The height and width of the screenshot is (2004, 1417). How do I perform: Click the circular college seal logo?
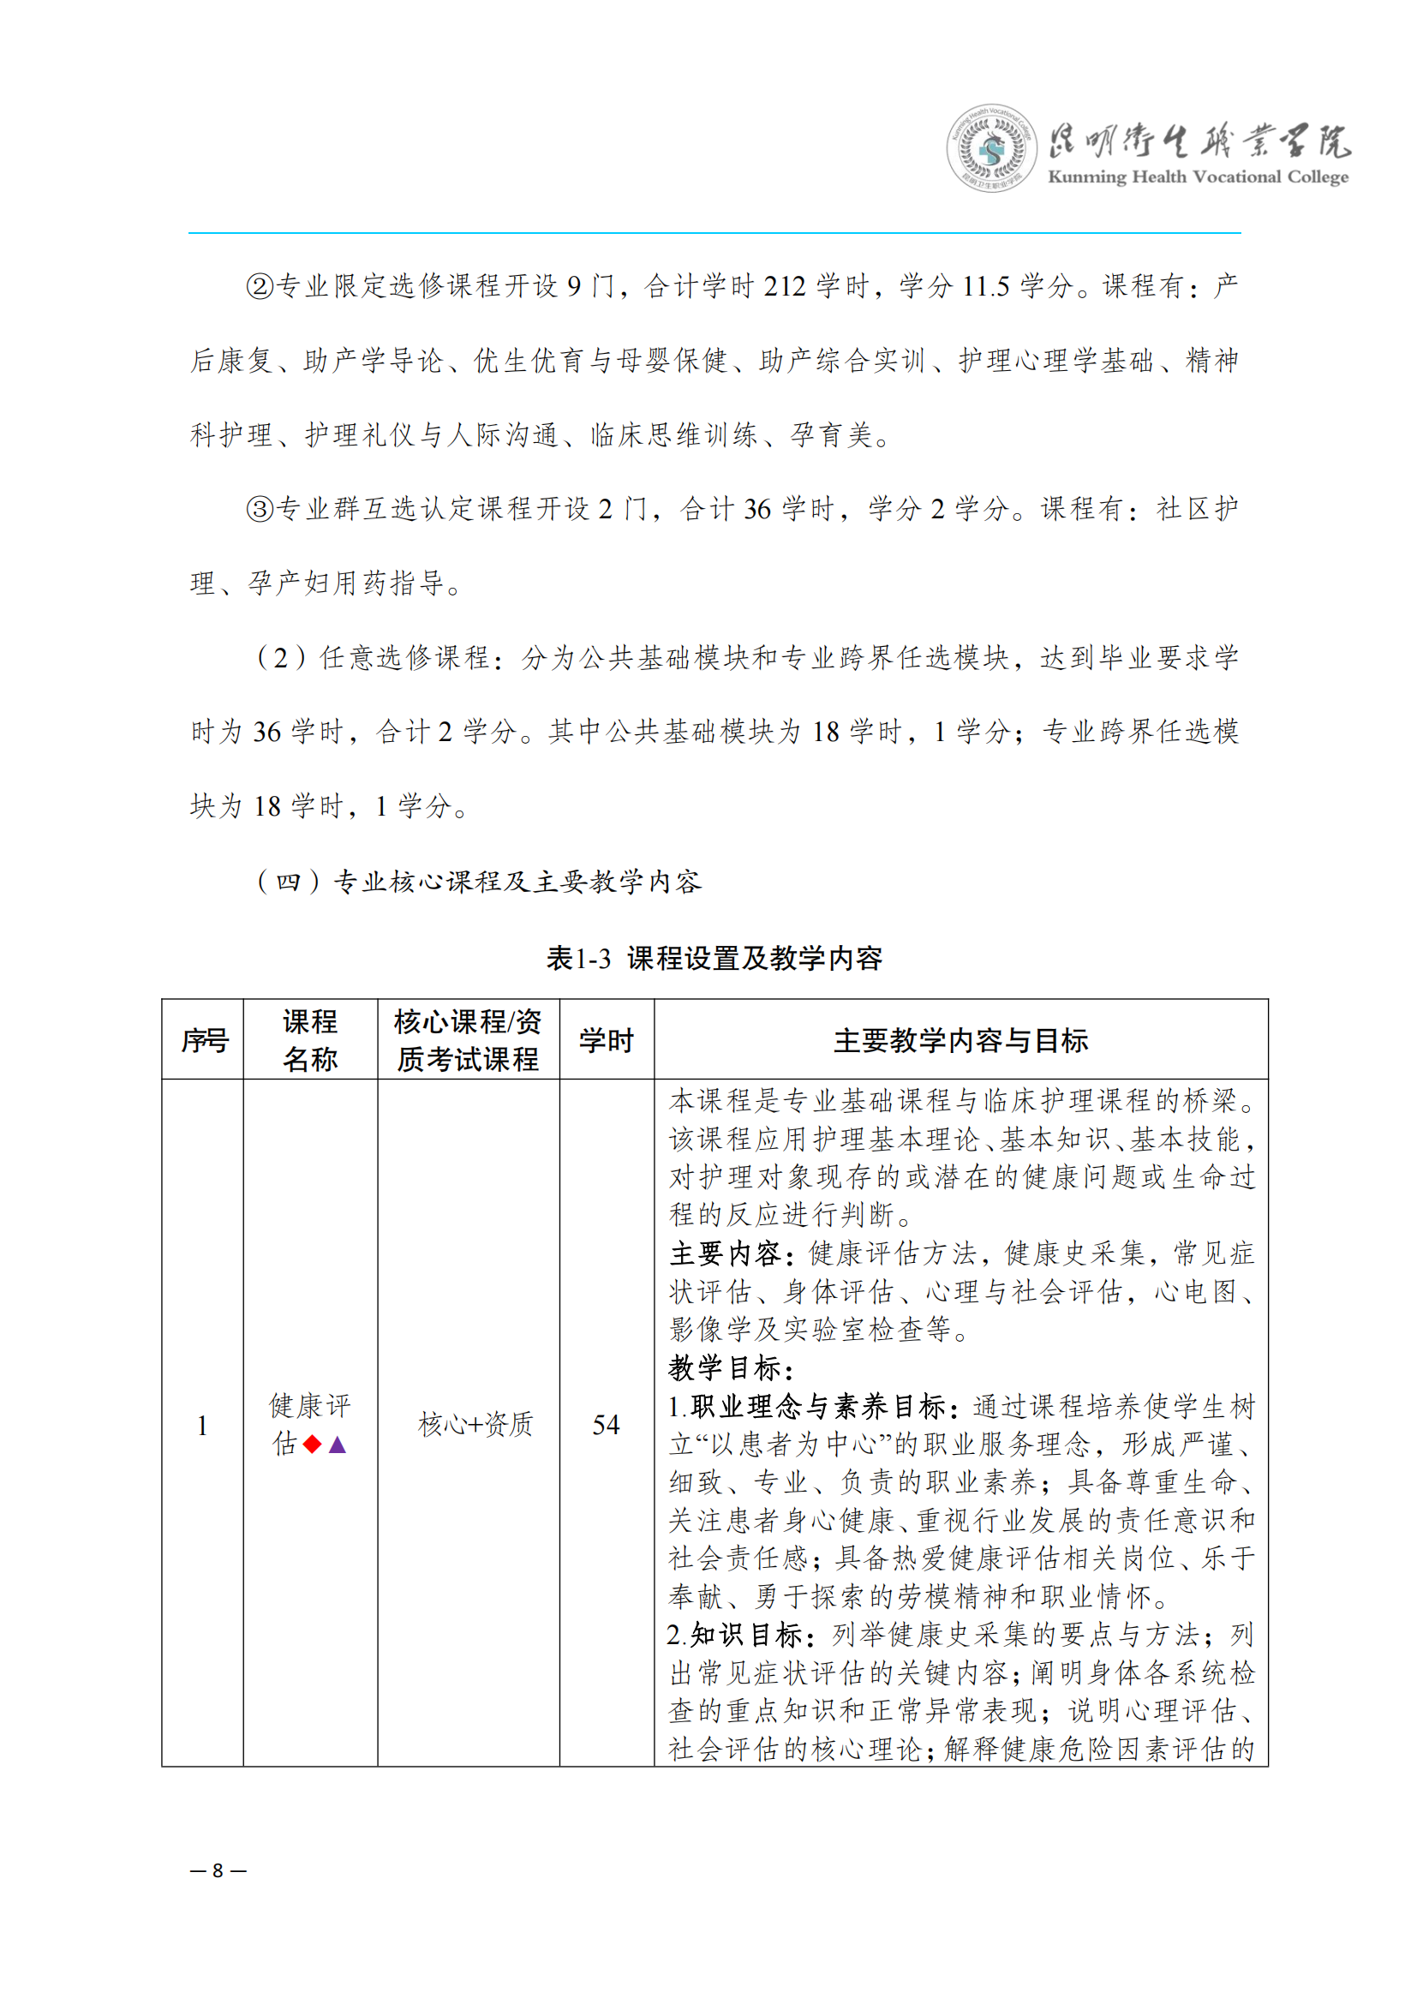coord(991,148)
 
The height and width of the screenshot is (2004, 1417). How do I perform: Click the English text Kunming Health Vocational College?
coord(1197,177)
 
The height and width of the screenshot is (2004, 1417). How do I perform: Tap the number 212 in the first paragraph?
coord(785,286)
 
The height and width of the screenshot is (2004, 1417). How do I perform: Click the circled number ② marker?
coord(260,286)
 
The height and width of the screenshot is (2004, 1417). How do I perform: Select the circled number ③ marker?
coord(260,509)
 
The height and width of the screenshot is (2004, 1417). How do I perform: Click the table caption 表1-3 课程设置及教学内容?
coord(714,959)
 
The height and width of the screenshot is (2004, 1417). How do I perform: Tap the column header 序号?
coord(204,1039)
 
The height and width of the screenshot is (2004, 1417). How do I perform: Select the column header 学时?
coord(607,1039)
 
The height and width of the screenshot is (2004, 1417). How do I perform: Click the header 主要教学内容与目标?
coord(960,1039)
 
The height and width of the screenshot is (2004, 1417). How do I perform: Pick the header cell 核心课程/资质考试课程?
coord(469,1039)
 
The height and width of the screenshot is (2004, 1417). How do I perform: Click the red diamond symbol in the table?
coord(313,1445)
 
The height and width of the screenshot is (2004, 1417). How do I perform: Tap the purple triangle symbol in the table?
coord(338,1445)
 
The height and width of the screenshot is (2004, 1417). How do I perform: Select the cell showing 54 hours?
coord(606,1425)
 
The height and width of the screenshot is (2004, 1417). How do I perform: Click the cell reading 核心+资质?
coord(475,1425)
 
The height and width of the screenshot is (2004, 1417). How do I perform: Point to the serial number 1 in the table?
coord(202,1426)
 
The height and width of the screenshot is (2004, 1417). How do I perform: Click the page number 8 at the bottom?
coord(218,1869)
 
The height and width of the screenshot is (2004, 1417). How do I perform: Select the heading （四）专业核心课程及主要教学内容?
coord(479,882)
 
